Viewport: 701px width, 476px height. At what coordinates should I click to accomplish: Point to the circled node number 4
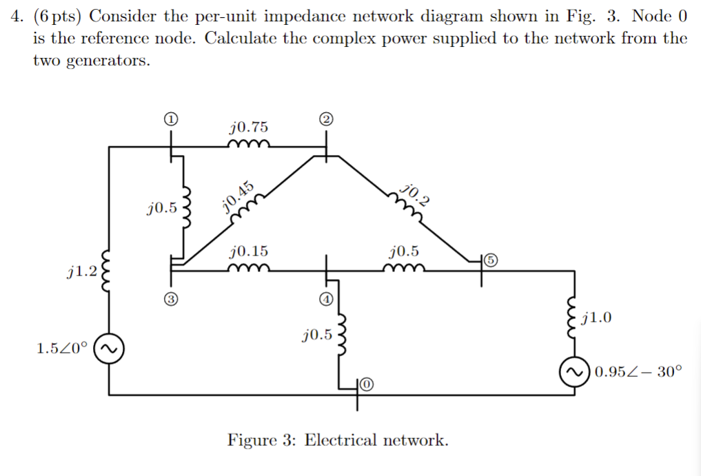tap(326, 298)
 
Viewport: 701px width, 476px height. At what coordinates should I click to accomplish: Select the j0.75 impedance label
tap(249, 127)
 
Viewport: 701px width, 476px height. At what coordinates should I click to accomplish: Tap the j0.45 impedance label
tap(238, 194)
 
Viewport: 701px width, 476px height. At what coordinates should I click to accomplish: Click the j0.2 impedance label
tap(416, 195)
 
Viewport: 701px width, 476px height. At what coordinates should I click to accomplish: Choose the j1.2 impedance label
tap(81, 271)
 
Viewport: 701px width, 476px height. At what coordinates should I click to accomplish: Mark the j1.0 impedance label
tap(596, 318)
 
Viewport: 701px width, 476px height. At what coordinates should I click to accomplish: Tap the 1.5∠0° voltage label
tap(62, 349)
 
